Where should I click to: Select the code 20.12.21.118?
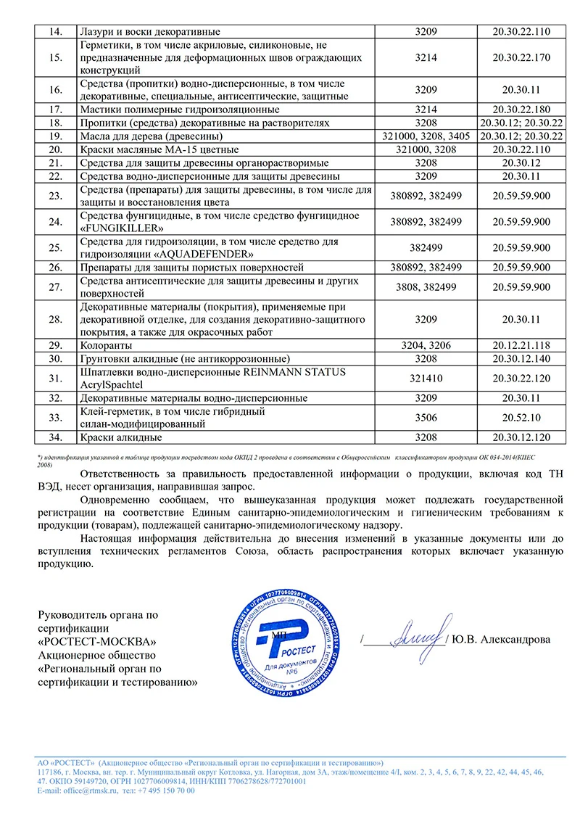coord(521,346)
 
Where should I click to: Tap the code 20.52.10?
coord(521,418)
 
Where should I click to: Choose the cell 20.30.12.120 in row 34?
coord(521,438)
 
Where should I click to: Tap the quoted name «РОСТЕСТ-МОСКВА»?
coord(96,641)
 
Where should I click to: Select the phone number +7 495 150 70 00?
coord(164,791)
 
